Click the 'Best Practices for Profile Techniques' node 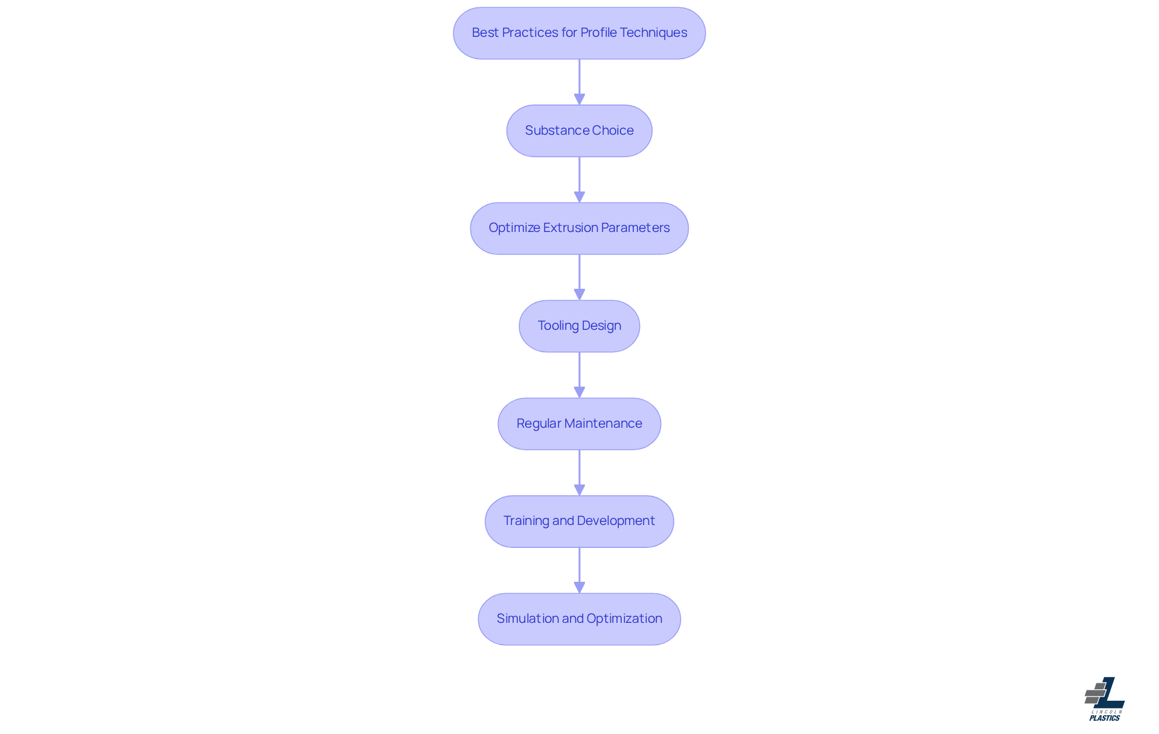(579, 33)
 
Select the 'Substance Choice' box (579, 130)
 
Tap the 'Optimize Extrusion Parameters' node (579, 228)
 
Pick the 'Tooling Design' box (579, 326)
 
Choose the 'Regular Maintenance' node (579, 423)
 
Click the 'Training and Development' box (579, 521)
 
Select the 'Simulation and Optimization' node (579, 619)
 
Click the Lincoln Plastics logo (1105, 699)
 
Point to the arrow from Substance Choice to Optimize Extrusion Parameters (579, 179)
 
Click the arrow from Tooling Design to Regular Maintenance (579, 375)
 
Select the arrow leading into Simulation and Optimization (579, 570)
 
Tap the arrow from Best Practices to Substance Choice (579, 82)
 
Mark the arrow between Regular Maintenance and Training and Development (579, 472)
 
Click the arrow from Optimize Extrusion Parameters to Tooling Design (579, 277)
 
